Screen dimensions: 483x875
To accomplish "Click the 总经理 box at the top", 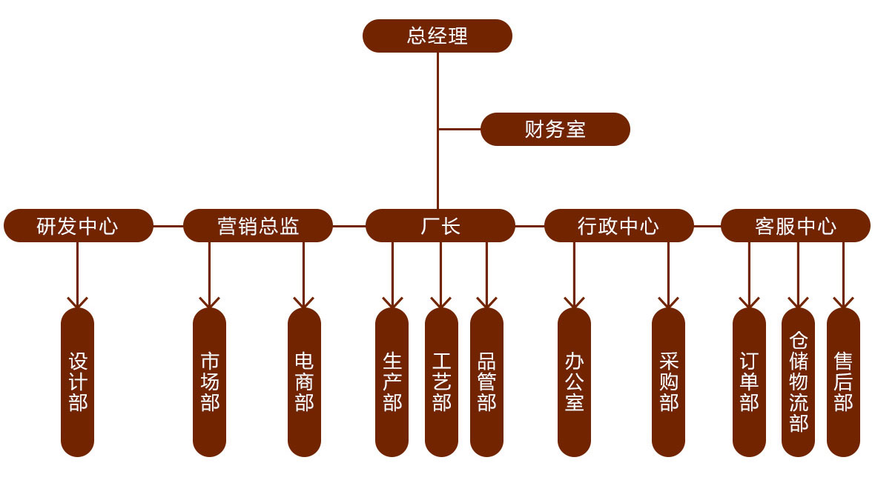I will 437,36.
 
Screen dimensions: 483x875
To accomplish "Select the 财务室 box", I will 555,130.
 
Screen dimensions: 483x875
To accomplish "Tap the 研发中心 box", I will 78,226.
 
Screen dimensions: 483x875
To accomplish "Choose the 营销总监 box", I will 258,226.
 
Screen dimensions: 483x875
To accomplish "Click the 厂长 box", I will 440,226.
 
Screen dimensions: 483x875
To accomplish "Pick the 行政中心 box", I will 618,226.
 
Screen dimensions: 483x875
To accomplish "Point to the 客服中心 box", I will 796,226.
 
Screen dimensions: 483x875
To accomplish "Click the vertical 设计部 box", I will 78,382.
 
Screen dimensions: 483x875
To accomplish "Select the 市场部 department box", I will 210,382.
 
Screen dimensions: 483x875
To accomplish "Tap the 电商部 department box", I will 304,382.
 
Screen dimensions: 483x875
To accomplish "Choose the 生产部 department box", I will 392,382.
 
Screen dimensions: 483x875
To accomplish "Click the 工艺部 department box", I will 441,382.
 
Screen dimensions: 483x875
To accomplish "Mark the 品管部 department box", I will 486,382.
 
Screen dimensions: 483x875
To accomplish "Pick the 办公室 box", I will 574,382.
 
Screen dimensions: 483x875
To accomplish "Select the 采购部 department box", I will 668,382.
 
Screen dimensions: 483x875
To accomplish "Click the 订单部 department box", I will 749,382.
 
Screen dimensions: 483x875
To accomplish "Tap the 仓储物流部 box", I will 798,382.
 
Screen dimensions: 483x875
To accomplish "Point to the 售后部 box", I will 843,382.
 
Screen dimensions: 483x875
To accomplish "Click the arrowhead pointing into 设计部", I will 78,303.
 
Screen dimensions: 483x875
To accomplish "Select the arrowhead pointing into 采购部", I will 668,303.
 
